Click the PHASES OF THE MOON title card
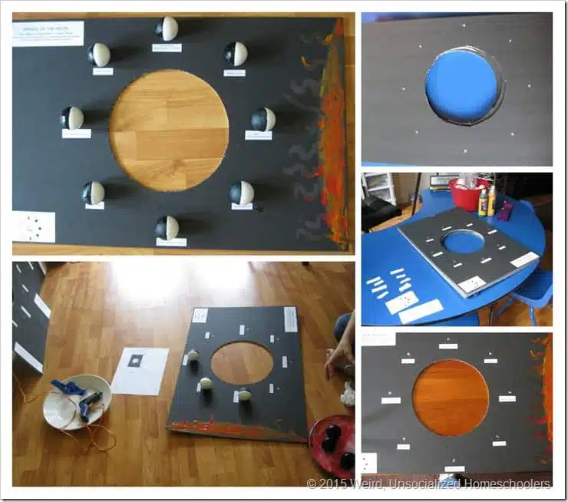(x=48, y=33)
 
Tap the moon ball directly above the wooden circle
(x=167, y=29)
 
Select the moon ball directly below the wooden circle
(x=167, y=227)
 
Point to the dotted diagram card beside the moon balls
(x=33, y=226)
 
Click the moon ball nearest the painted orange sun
(x=263, y=120)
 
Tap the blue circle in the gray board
(x=461, y=85)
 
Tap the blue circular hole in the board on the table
(x=464, y=242)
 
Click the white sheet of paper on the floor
(x=140, y=370)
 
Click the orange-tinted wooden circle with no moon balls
(x=451, y=398)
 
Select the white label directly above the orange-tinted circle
(x=448, y=346)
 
